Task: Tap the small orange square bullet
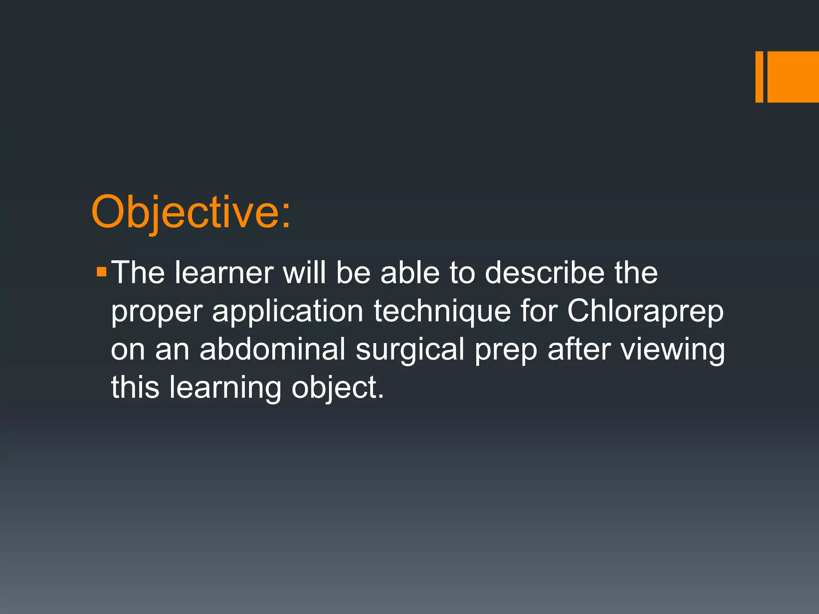[x=102, y=273]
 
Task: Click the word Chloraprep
[x=645, y=311]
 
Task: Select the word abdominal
[x=272, y=349]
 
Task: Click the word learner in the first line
[x=224, y=273]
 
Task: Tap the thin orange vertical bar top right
[x=759, y=77]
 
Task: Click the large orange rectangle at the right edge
[x=793, y=77]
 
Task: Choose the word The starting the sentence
[x=138, y=273]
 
